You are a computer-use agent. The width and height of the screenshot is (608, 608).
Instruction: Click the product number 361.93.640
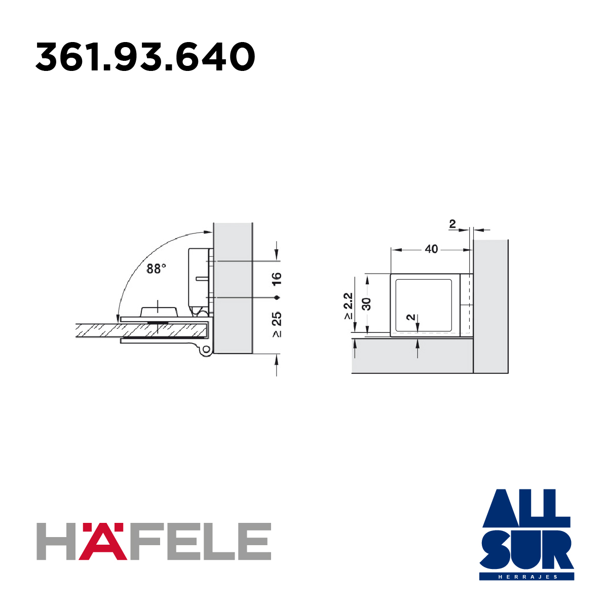[x=145, y=57]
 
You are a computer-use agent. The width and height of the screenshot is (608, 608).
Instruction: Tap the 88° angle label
[x=156, y=269]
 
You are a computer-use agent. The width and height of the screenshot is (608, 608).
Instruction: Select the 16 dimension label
[x=277, y=279]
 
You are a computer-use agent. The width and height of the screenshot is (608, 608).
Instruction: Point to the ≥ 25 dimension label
[x=277, y=325]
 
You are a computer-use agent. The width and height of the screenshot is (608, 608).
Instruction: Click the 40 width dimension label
[x=431, y=249]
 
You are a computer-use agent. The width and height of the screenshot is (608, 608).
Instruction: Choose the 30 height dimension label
[x=367, y=304]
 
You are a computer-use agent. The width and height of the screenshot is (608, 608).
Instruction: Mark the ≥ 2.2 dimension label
[x=348, y=306]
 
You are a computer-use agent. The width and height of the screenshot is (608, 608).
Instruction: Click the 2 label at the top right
[x=452, y=224]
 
